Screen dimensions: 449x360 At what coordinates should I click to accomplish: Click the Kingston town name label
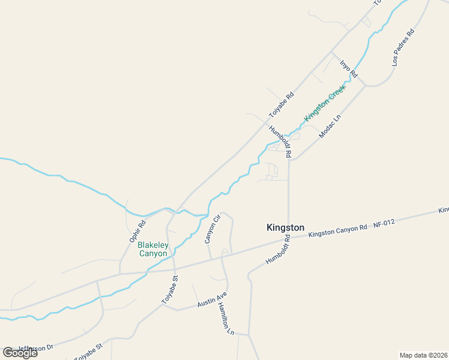pyautogui.click(x=285, y=228)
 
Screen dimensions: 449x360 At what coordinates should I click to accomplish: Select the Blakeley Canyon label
pyautogui.click(x=152, y=249)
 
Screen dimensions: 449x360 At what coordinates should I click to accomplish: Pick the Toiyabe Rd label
pyautogui.click(x=281, y=104)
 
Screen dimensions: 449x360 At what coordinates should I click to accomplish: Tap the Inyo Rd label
pyautogui.click(x=348, y=69)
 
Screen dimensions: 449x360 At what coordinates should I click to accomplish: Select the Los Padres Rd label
pyautogui.click(x=403, y=47)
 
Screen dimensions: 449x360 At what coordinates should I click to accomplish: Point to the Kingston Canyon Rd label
pyautogui.click(x=337, y=230)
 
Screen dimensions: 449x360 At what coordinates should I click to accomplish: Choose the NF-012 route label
pyautogui.click(x=384, y=223)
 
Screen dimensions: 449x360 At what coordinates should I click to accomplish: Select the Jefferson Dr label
pyautogui.click(x=36, y=347)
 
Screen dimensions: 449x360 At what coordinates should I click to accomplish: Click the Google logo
pyautogui.click(x=20, y=352)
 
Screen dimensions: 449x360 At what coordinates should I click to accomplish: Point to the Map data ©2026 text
pyautogui.click(x=423, y=355)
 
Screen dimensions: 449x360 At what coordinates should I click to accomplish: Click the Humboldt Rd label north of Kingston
pyautogui.click(x=280, y=142)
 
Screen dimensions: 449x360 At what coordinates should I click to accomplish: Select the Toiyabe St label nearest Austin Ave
pyautogui.click(x=170, y=289)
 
